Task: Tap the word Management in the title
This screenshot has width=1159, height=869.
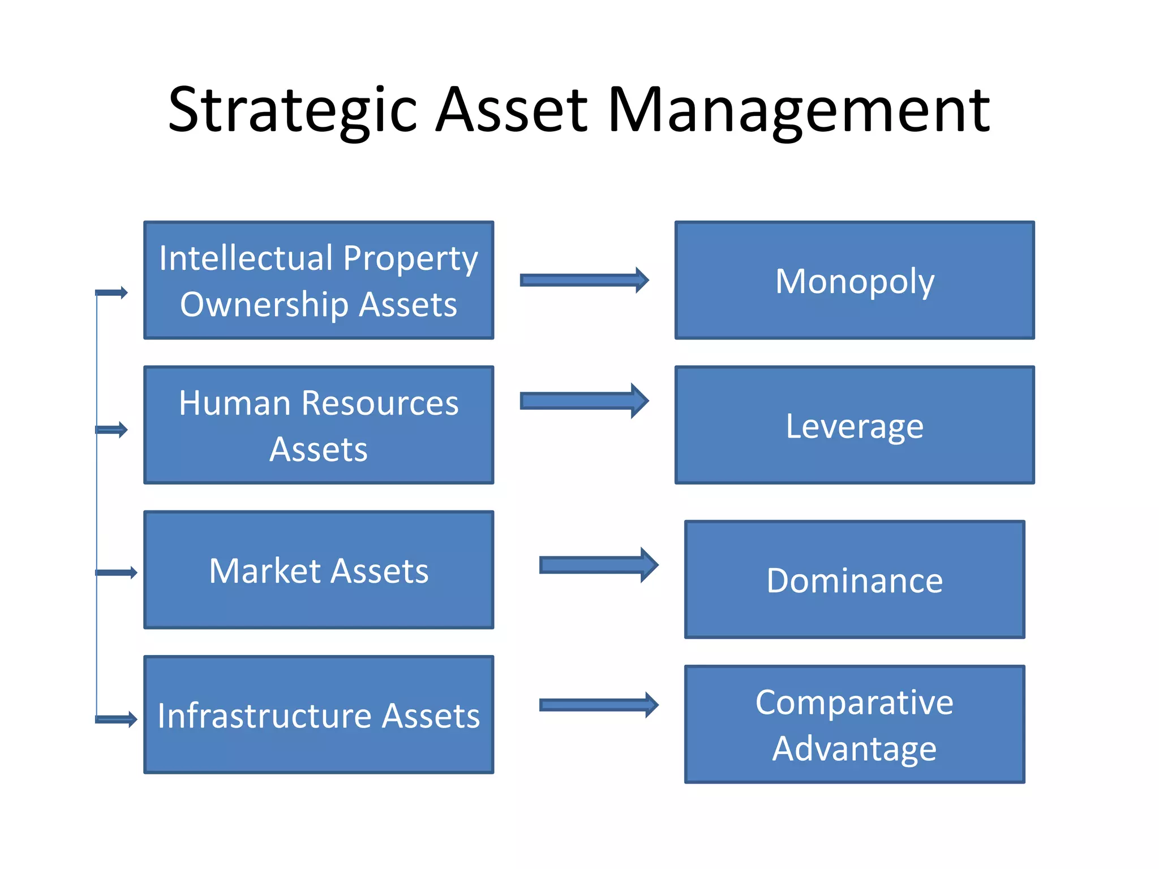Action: tap(799, 110)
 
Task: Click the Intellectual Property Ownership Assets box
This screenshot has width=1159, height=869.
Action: tap(319, 281)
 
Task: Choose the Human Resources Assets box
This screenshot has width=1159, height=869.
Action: tap(319, 425)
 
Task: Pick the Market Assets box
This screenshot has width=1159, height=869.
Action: tap(319, 570)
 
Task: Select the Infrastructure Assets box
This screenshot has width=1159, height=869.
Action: tap(319, 715)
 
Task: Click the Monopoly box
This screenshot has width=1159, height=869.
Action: tap(855, 281)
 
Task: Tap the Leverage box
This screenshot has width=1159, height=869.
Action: tap(855, 425)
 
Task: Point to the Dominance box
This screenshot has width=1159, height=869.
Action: tap(855, 580)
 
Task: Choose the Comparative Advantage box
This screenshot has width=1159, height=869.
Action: tap(855, 725)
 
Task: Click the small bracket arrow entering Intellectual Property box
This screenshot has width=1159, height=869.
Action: tap(112, 292)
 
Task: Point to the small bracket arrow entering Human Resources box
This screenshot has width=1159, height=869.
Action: tap(112, 430)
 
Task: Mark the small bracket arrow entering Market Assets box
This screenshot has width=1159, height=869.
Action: tap(117, 573)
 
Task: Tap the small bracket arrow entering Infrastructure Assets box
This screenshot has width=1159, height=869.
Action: tap(117, 720)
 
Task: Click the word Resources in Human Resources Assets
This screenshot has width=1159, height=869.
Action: tap(380, 403)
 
